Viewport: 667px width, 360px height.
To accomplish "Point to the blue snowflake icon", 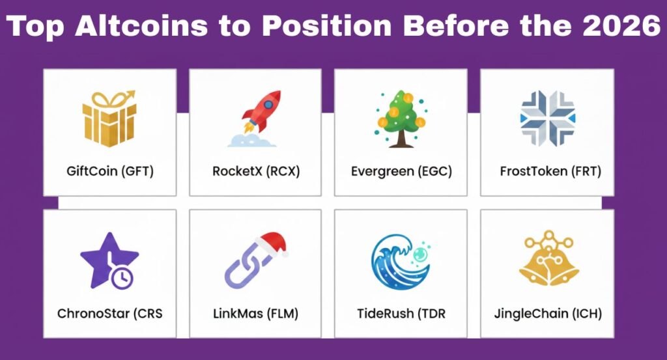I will [x=547, y=118].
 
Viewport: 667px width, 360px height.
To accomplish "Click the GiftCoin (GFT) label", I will [x=110, y=172].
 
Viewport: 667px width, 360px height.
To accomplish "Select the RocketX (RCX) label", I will [x=255, y=172].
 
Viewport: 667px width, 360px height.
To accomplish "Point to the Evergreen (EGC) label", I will [x=401, y=172].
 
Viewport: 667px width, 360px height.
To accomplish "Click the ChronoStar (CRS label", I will [x=110, y=314].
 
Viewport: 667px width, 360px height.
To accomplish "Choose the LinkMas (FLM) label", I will [x=255, y=314].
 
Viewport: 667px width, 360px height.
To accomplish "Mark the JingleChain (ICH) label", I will [x=548, y=314].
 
